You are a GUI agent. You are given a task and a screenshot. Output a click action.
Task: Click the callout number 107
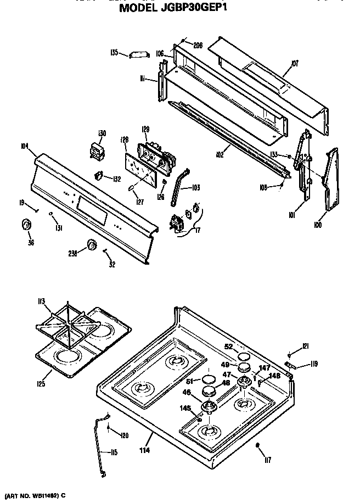click(x=295, y=64)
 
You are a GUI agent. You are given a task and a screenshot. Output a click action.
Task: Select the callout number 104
click(x=24, y=147)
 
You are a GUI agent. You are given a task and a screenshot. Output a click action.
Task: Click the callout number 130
click(x=101, y=132)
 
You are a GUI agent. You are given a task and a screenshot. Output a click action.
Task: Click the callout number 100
click(x=319, y=224)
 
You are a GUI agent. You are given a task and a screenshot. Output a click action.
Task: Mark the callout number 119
click(x=314, y=363)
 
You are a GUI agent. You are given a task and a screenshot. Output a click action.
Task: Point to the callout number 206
click(x=198, y=44)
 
